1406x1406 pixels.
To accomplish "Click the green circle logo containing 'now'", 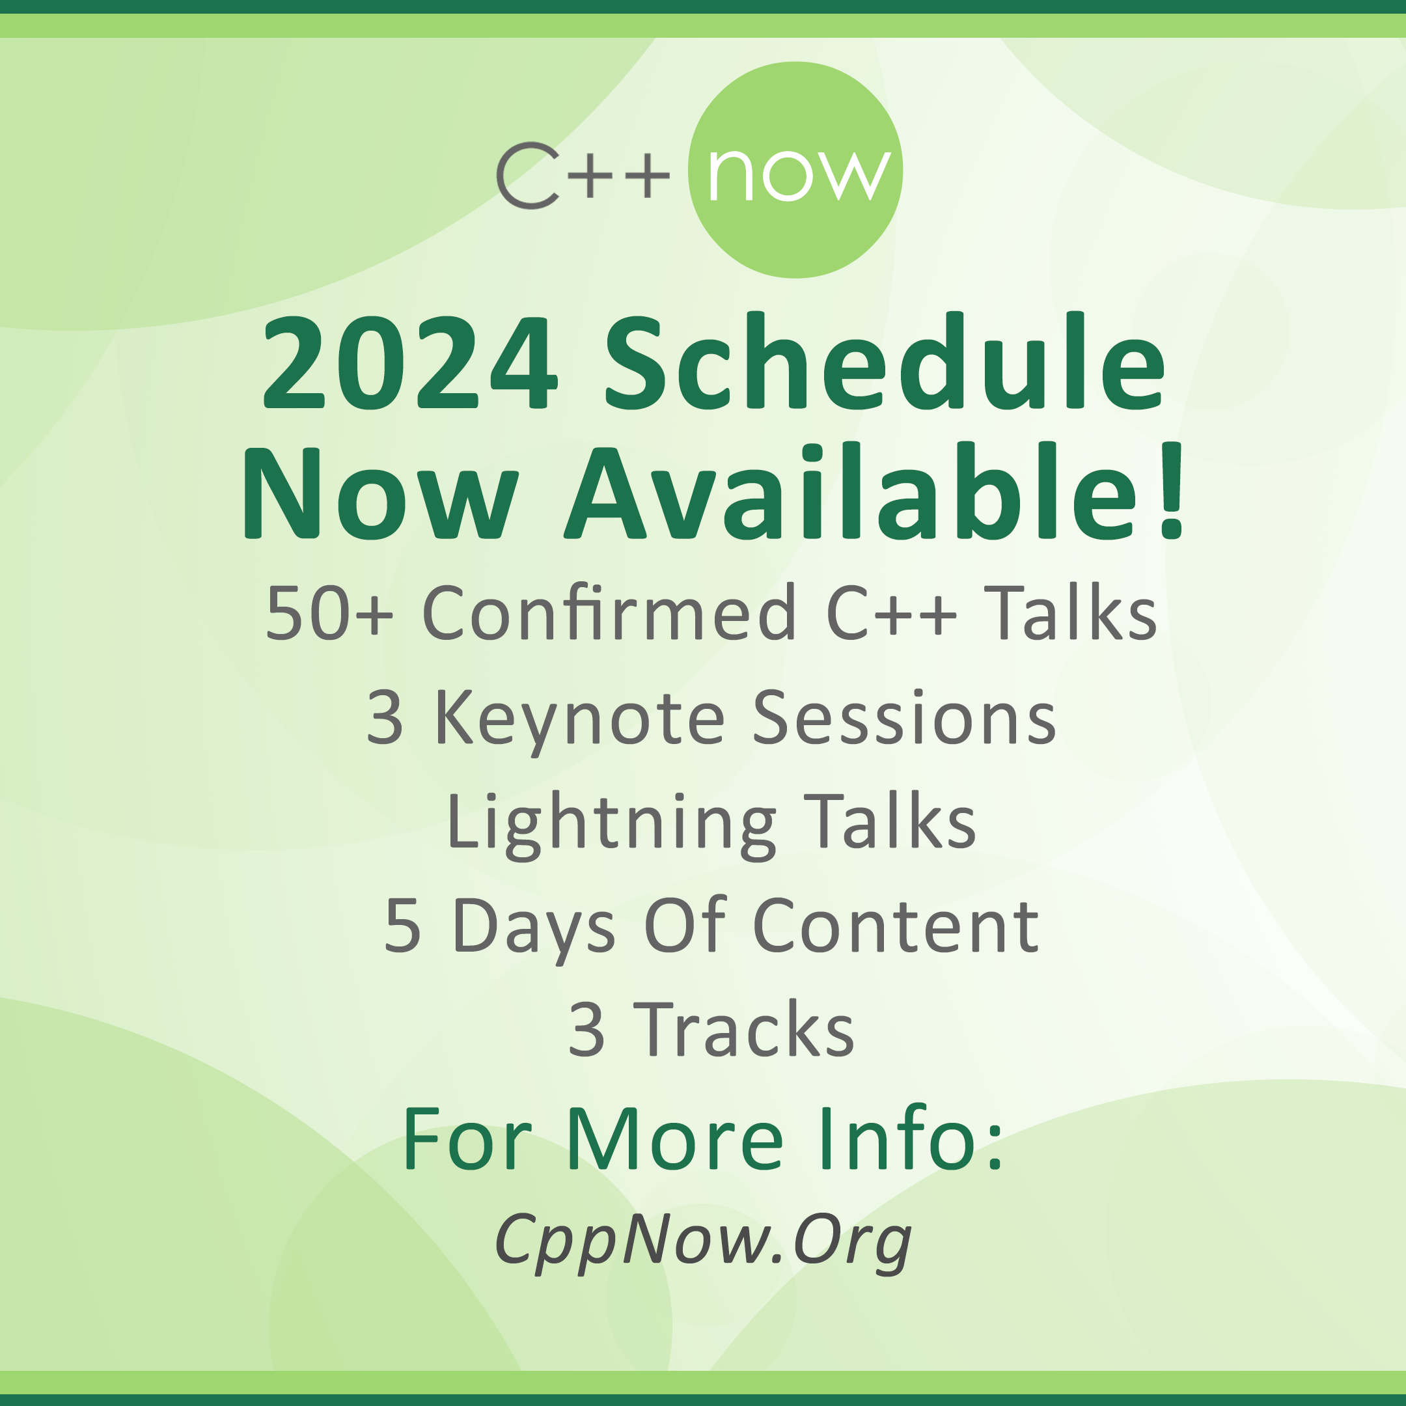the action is coord(795,169).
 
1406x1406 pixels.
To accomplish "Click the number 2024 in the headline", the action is coord(411,363).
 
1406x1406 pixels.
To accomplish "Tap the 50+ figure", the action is coord(329,613).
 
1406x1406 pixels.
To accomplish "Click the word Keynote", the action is coord(580,721).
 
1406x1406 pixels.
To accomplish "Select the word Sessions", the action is coord(904,718).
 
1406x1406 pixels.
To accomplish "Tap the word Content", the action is coord(896,925).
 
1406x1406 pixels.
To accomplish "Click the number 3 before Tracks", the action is coord(586,1030).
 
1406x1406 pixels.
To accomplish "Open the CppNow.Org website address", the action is coord(703,1239).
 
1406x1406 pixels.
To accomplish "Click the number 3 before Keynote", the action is coord(384,718).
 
